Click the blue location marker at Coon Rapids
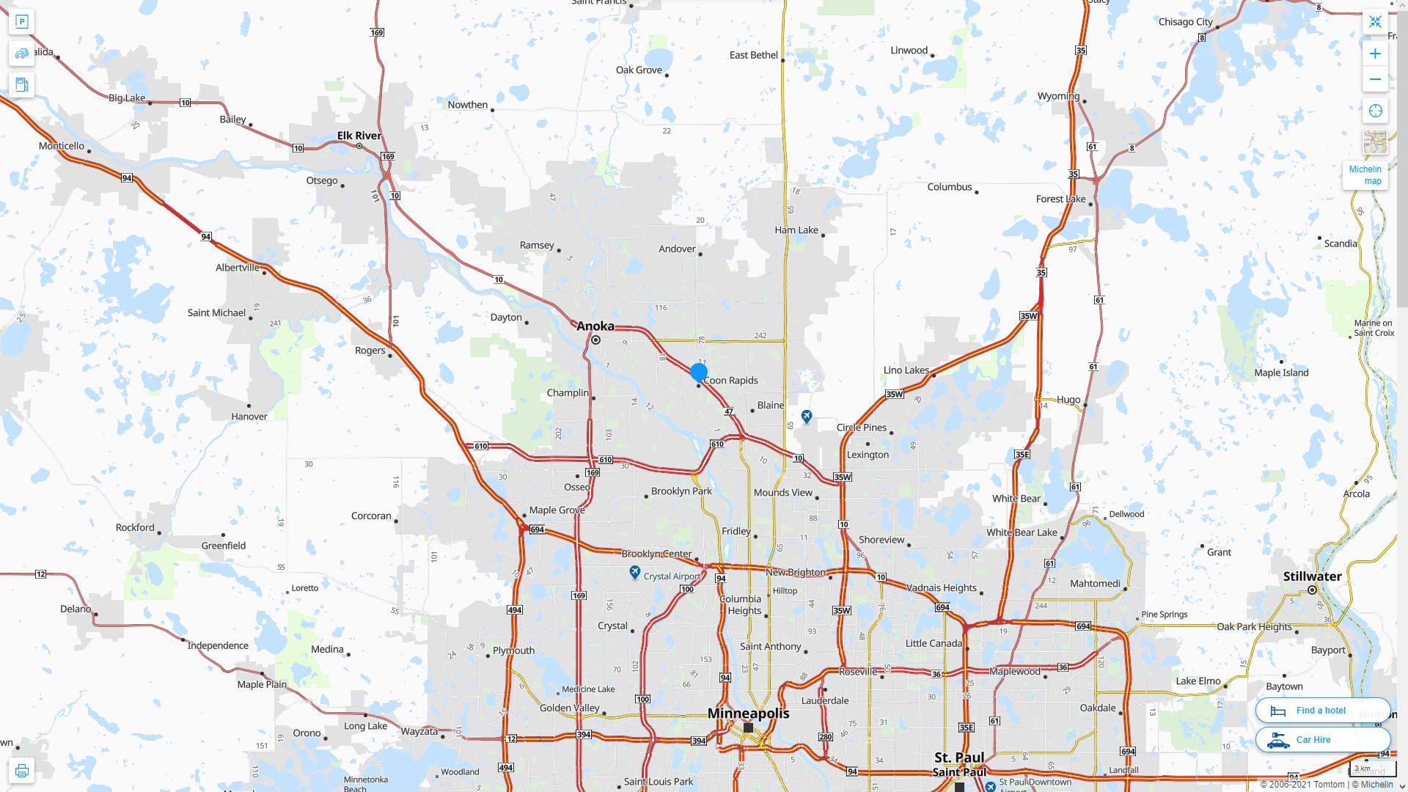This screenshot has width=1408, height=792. click(x=699, y=373)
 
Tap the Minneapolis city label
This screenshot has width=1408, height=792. click(x=748, y=714)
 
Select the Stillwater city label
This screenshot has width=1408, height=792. click(x=1312, y=576)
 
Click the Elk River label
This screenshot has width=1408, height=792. click(x=359, y=136)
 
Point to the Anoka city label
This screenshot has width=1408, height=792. click(x=595, y=326)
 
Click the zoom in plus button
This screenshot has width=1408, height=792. click(x=1375, y=54)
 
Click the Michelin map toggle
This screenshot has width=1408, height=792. click(x=1365, y=175)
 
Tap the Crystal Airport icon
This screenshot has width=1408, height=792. click(x=635, y=573)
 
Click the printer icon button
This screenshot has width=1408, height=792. click(x=21, y=771)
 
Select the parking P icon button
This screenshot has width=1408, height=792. click(x=21, y=21)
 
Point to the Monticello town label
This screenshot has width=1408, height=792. click(x=62, y=146)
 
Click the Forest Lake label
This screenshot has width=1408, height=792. click(x=1060, y=199)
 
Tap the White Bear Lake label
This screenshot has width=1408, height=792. click(x=1022, y=532)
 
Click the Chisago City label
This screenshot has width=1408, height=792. click(x=1185, y=22)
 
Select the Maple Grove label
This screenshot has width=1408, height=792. click(x=557, y=510)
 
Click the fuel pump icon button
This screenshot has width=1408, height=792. click(x=21, y=84)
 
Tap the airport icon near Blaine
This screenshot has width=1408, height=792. click(x=807, y=417)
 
